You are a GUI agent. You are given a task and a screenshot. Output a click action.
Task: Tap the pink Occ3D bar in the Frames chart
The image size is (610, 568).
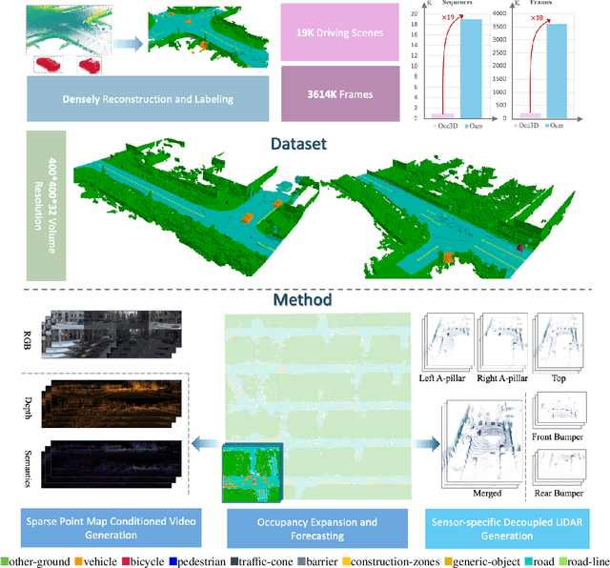521,114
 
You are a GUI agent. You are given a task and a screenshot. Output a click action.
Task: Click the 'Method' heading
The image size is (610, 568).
304,299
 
